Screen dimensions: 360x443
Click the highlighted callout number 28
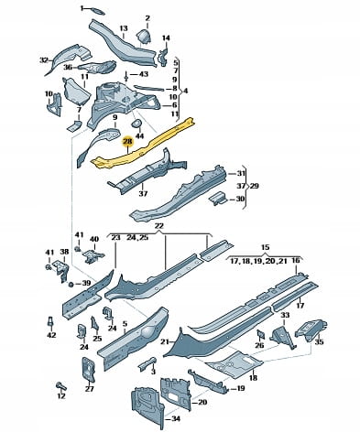pyautogui.click(x=127, y=142)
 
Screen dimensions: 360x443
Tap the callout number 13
pyautogui.click(x=124, y=28)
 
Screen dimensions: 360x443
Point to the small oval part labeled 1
pyautogui.click(x=97, y=11)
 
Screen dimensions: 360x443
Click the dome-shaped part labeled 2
pyautogui.click(x=143, y=36)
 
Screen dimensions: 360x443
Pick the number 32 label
pyautogui.click(x=44, y=60)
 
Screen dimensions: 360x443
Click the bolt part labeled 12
pyautogui.click(x=61, y=386)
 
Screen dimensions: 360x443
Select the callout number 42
pyautogui.click(x=51, y=335)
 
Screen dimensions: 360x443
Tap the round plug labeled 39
pyautogui.click(x=71, y=285)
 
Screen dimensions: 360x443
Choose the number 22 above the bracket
pyautogui.click(x=159, y=226)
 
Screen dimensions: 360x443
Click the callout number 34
pyautogui.click(x=175, y=419)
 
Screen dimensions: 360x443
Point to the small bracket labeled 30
pyautogui.click(x=218, y=199)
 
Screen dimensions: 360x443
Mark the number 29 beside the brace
pyautogui.click(x=254, y=186)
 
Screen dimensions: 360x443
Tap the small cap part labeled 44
pyautogui.click(x=136, y=124)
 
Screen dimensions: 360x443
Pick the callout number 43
pyautogui.click(x=144, y=74)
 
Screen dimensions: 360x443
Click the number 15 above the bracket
pyautogui.click(x=266, y=247)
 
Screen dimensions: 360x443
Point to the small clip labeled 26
pyautogui.click(x=260, y=334)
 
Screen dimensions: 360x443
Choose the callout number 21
pyautogui.click(x=165, y=342)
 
